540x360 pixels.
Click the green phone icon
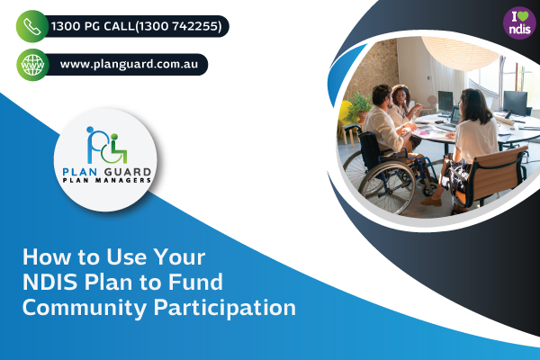[x=32, y=26]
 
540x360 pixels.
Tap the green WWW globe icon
[x=32, y=65]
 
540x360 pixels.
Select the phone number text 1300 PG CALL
[x=93, y=26]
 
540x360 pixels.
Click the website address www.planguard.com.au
[x=129, y=65]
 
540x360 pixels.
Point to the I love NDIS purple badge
[x=519, y=23]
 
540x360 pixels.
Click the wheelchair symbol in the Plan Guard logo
[x=114, y=150]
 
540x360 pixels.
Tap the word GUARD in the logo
[x=128, y=172]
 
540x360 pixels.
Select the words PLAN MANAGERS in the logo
[x=107, y=180]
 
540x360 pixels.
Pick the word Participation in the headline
[x=224, y=308]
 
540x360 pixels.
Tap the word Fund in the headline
[x=195, y=282]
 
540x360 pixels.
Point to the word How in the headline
[x=46, y=256]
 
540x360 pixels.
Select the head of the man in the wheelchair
[x=382, y=96]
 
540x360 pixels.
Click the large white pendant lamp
[x=461, y=51]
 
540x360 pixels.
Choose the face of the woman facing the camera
[x=400, y=96]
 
